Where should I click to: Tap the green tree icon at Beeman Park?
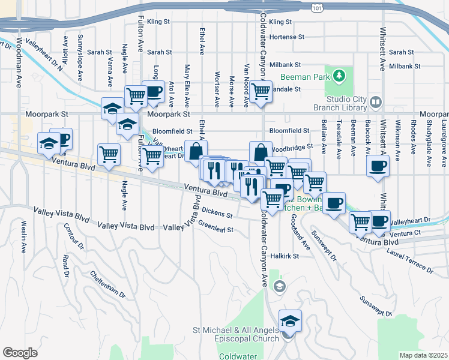(340, 76)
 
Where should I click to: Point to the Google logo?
(20, 352)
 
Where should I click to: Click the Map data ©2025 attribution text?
(424, 355)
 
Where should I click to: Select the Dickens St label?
(217, 212)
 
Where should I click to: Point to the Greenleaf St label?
(215, 228)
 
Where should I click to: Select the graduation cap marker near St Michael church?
(290, 321)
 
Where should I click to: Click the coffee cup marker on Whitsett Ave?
(378, 167)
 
